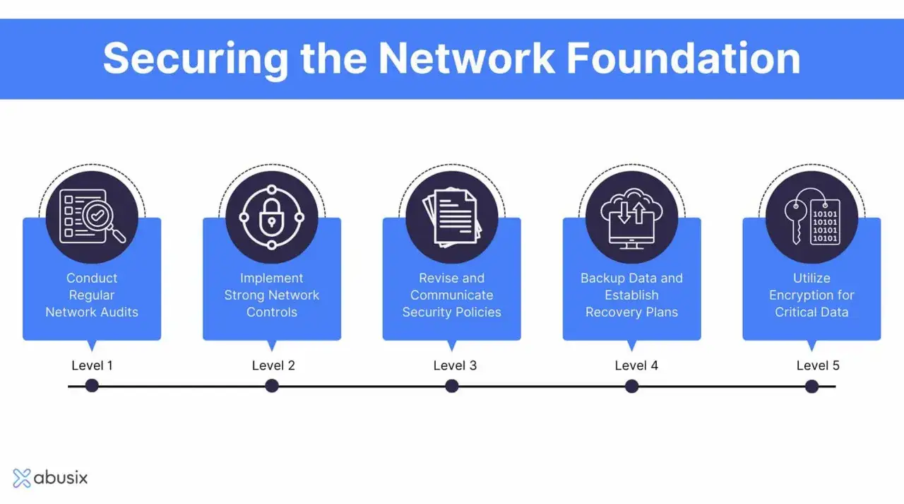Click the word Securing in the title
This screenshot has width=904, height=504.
[x=196, y=59]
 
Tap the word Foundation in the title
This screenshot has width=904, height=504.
[x=683, y=59]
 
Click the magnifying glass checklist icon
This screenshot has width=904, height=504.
[x=93, y=217]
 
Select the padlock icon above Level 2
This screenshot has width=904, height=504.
[x=272, y=217]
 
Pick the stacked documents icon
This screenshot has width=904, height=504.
[x=452, y=217]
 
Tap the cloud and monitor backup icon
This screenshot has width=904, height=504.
[x=631, y=218]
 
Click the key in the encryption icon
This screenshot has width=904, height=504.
[x=796, y=221]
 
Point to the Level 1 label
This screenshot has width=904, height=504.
[x=92, y=365]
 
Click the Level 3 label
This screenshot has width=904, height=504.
[x=455, y=365]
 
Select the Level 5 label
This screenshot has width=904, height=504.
[x=818, y=365]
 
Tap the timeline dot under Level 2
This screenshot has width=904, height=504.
[x=272, y=386]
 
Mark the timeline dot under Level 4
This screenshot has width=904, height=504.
[x=631, y=386]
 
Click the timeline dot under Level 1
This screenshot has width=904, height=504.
[x=92, y=386]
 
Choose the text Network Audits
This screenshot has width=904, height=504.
[x=92, y=312]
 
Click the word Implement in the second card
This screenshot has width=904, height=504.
[x=272, y=279]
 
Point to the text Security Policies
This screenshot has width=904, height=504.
[x=451, y=312]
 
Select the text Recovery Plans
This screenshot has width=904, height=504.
[x=631, y=312]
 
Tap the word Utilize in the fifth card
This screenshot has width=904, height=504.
[x=811, y=279]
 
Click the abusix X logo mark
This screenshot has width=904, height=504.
[x=22, y=478]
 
